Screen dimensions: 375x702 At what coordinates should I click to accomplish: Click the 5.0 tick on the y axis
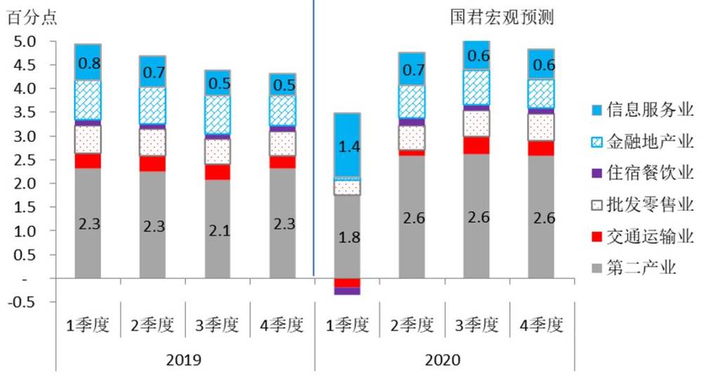(25, 41)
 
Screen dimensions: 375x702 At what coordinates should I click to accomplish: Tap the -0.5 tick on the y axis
(24, 303)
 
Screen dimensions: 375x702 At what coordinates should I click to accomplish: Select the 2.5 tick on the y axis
(25, 160)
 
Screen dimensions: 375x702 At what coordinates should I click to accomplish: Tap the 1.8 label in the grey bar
(349, 237)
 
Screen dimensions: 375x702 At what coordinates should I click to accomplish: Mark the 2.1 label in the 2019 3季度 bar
(218, 229)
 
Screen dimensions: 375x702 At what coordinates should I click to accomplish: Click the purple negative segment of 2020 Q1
(347, 291)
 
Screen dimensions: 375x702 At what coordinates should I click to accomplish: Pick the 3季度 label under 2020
(478, 325)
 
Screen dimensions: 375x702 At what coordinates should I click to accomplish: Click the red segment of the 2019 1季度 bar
(88, 161)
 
